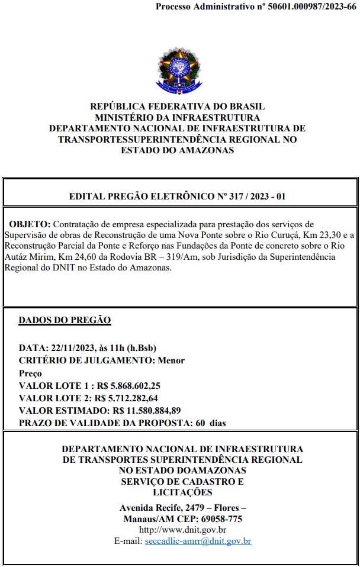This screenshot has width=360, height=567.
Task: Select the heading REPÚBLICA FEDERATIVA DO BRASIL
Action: pyautogui.click(x=177, y=107)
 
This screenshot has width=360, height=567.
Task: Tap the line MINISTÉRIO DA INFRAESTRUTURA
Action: pyautogui.click(x=177, y=117)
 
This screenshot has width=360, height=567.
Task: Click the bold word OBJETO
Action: pyautogui.click(x=30, y=225)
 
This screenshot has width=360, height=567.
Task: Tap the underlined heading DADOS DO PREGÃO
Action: pyautogui.click(x=65, y=320)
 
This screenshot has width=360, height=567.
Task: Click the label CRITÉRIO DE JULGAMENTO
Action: pyautogui.click(x=86, y=360)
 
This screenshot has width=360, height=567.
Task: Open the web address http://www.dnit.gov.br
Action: pyautogui.click(x=182, y=530)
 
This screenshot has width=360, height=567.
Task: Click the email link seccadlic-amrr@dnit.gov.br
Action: pyautogui.click(x=198, y=541)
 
